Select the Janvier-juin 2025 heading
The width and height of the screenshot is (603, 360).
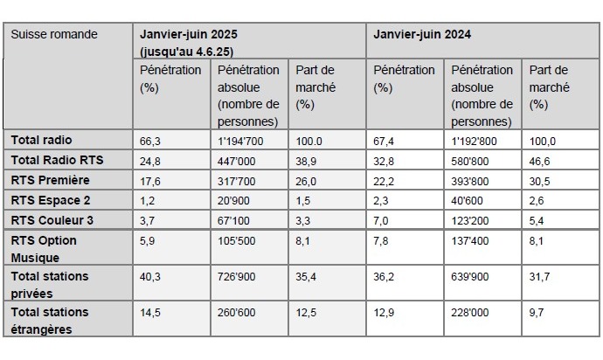coord(189,34)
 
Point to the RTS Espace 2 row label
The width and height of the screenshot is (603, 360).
coord(51,200)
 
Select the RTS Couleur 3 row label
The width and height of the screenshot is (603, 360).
coord(52,219)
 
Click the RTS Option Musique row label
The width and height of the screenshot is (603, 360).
coord(44,248)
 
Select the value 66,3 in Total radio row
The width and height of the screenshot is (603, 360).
coord(150,141)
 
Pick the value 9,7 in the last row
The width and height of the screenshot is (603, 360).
coord(537,312)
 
